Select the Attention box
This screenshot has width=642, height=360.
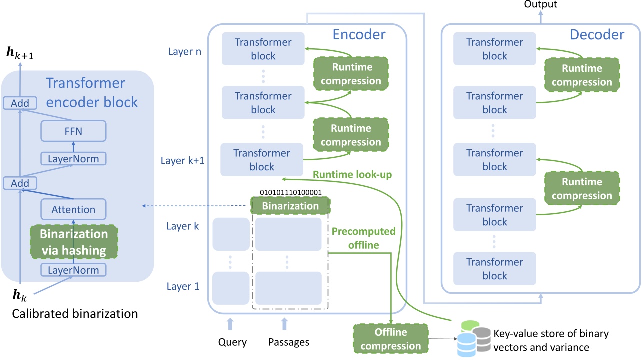coord(73,210)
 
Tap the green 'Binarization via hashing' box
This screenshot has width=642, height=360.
coord(74,242)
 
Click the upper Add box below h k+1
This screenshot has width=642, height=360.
coord(20,104)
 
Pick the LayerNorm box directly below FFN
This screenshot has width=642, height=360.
coord(73,159)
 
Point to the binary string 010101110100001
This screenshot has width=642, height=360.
coord(291,192)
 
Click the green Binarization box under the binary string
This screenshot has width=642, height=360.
coord(290,206)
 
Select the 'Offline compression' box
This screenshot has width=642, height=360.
coord(391,339)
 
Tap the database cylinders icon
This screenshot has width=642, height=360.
coord(474,339)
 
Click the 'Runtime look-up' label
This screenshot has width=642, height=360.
coord(352,175)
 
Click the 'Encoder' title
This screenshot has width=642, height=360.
coord(359,34)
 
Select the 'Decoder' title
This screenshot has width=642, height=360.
coord(597,34)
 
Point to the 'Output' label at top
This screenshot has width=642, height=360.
coord(541,4)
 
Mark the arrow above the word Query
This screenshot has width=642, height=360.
coord(230,324)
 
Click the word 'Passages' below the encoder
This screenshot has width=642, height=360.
coord(289,342)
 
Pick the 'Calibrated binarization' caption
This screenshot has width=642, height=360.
coord(75,314)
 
